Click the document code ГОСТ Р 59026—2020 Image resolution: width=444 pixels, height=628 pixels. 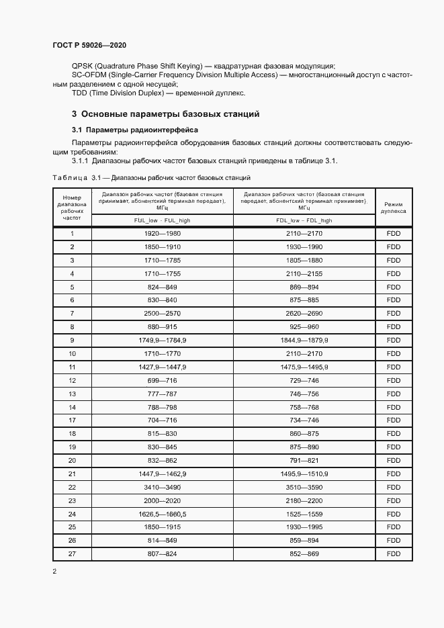[x=89, y=45]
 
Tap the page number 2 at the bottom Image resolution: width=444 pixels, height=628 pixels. [x=54, y=572]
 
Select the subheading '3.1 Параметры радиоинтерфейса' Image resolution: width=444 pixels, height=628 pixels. [x=134, y=129]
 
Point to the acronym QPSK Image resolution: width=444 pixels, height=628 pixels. [x=83, y=66]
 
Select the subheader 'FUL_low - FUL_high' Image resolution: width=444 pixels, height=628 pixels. [x=162, y=220]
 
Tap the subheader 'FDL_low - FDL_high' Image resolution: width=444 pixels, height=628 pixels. [x=304, y=220]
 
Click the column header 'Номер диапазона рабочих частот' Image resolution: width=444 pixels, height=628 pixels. [x=71, y=208]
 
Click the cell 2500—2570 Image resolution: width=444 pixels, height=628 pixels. [x=162, y=314]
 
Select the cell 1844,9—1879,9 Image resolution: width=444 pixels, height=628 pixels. [x=304, y=341]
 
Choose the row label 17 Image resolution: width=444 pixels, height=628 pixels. [x=72, y=420]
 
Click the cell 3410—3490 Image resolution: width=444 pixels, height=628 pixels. [x=162, y=487]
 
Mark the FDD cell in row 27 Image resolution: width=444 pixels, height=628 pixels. [x=393, y=553]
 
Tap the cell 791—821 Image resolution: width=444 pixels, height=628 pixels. [x=304, y=460]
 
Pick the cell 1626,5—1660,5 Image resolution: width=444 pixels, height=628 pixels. [x=162, y=514]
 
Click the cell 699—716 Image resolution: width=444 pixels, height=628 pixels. [x=162, y=380]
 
